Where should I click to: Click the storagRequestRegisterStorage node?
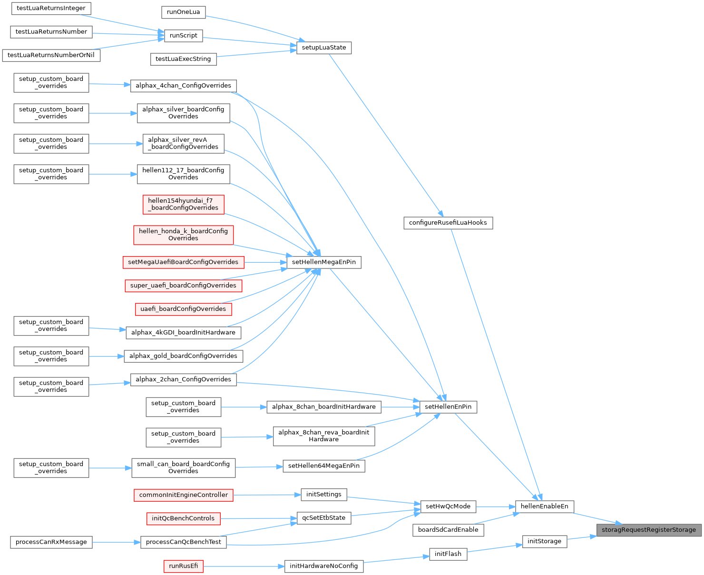(649, 530)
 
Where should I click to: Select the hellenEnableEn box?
(545, 506)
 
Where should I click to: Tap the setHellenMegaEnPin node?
(324, 262)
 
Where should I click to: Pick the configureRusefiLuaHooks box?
(448, 223)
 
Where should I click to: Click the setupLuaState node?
(324, 48)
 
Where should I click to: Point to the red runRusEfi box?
(184, 566)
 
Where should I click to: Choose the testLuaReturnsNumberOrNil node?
(51, 55)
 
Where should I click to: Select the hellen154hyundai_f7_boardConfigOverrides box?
(183, 204)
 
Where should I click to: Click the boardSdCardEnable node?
(448, 530)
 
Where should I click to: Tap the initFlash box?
(448, 554)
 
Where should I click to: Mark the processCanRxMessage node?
(51, 542)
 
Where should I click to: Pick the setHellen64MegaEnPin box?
(324, 466)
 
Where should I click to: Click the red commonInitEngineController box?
(184, 495)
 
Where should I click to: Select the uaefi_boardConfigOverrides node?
(183, 309)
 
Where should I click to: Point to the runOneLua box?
(184, 12)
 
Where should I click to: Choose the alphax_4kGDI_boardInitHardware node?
(183, 333)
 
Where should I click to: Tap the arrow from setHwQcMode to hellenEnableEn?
(496, 507)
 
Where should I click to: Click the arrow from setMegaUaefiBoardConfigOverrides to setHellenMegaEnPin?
(265, 262)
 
